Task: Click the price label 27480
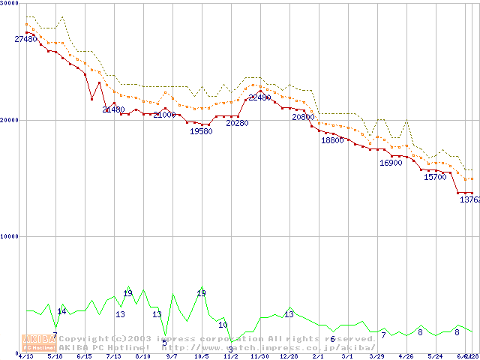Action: [25, 39]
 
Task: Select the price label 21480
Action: [113, 109]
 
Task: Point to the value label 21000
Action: [164, 115]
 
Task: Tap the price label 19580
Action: [201, 131]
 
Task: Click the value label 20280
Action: [237, 123]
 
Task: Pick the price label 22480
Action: [259, 97]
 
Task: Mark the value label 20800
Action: [303, 118]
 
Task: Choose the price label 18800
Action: [332, 140]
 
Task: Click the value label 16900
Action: [391, 163]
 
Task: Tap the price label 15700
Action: [435, 178]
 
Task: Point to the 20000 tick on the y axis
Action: [9, 120]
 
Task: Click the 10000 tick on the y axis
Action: [9, 236]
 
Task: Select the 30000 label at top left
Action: [10, 3]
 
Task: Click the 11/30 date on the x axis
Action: [259, 356]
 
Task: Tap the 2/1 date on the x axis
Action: [318, 356]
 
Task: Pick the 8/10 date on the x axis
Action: [142, 356]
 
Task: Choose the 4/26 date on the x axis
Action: [406, 356]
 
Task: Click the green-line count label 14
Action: [62, 311]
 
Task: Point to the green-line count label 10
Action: [223, 325]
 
